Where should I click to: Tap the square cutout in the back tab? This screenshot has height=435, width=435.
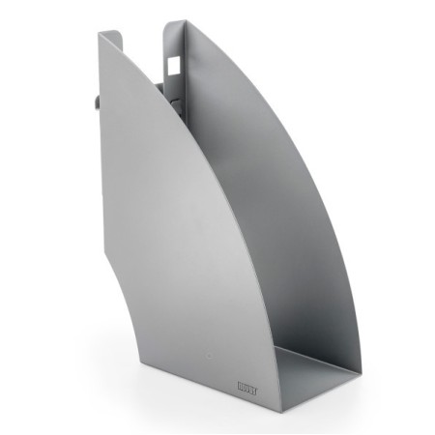coord(172,61)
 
